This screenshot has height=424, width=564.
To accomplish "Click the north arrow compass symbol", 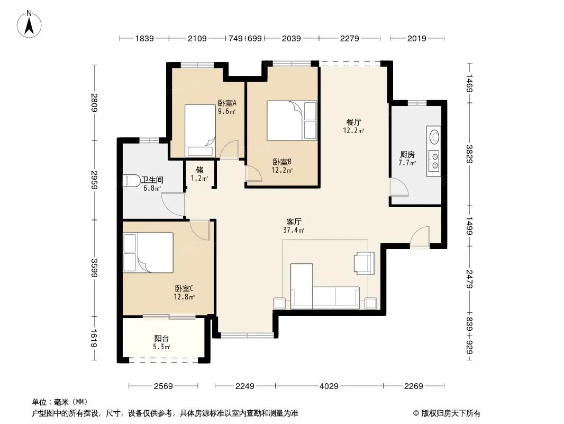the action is pos(29,24).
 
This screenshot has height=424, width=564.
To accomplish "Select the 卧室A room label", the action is pos(227,103).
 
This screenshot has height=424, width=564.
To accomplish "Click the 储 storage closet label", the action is pos(199,170).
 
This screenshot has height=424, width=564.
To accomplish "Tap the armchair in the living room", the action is pos(364,263).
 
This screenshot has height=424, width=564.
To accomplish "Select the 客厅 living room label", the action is pos(294,222).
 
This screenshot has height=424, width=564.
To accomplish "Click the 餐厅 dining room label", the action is pos(353,122).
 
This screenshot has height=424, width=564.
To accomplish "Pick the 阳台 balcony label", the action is pos(161,338).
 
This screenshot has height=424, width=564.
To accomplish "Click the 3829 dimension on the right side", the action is pos(469,154).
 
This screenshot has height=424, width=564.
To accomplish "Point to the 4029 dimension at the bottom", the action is pos(329,386).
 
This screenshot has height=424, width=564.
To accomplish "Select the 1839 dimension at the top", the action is pos(144,38).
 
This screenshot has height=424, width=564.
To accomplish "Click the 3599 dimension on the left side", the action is pos(94,268).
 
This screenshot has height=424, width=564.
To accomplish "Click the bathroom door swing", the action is pos(173,205).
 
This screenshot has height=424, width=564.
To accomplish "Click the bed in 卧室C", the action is pos(148,252).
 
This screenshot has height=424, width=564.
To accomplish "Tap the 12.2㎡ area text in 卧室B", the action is pos(282,170).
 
